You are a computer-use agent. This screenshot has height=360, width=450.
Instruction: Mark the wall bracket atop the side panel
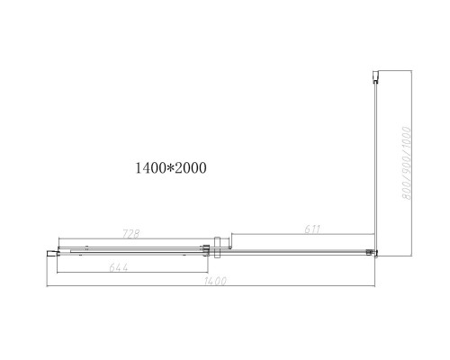tap(374, 76)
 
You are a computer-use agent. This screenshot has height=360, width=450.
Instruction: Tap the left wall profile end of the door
tap(51, 255)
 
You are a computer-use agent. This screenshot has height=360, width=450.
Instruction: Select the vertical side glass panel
tap(373, 162)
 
